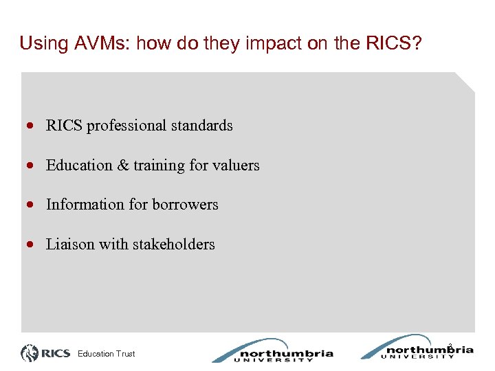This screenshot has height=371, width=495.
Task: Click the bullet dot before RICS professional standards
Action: [32, 126]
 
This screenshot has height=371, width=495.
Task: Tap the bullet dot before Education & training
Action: [32, 166]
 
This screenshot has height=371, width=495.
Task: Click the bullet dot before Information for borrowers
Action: [32, 205]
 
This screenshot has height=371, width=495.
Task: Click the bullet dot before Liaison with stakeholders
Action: [32, 245]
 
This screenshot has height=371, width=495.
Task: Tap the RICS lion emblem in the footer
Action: [30, 353]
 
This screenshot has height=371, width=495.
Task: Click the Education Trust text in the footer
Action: [107, 354]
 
